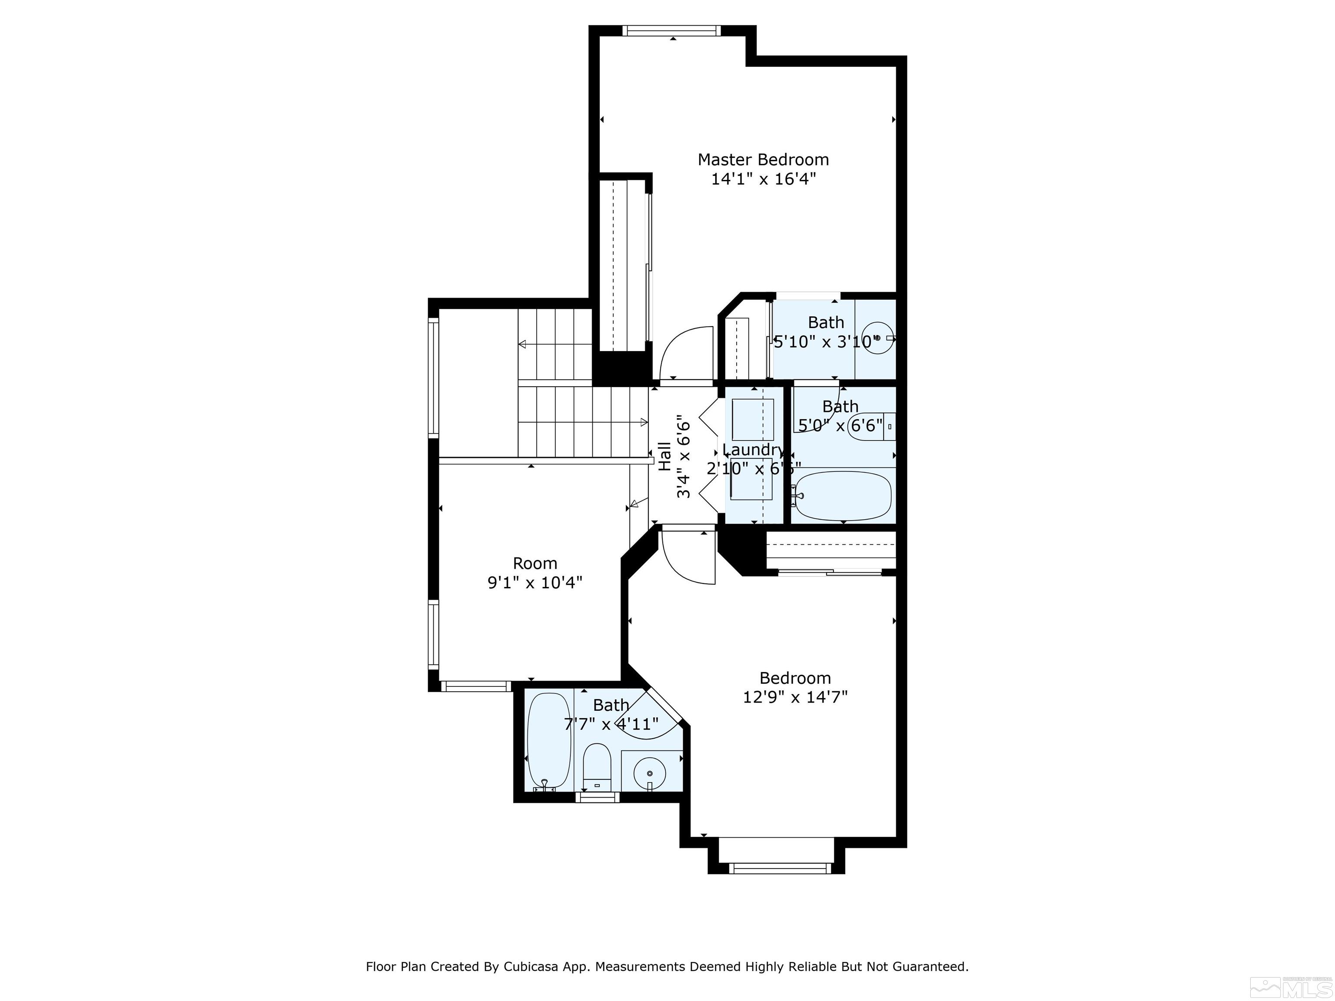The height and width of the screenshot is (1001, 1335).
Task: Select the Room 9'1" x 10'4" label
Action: click(535, 573)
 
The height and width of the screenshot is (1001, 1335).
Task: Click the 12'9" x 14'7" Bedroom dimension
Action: click(795, 697)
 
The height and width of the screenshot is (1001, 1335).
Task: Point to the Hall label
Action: click(664, 456)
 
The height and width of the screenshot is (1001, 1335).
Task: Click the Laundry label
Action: click(753, 450)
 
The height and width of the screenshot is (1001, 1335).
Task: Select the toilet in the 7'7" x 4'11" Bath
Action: click(598, 767)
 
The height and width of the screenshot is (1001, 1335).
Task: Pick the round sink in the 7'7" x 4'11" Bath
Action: click(649, 772)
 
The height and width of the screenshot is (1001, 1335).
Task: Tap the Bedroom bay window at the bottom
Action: click(780, 868)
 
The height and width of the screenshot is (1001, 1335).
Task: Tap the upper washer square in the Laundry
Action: click(753, 419)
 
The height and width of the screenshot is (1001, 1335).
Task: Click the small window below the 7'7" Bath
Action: click(597, 798)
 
